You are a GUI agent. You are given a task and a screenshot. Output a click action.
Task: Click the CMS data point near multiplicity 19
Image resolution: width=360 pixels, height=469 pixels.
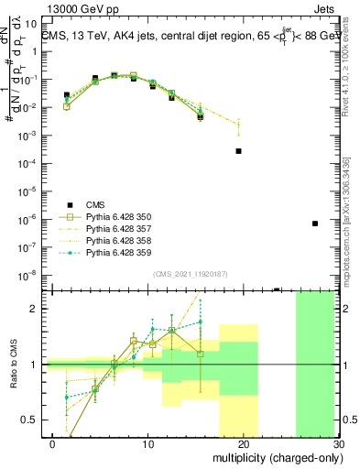click(x=238, y=151)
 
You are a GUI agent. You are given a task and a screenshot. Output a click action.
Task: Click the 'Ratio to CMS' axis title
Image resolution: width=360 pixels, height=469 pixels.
click(x=16, y=365)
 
